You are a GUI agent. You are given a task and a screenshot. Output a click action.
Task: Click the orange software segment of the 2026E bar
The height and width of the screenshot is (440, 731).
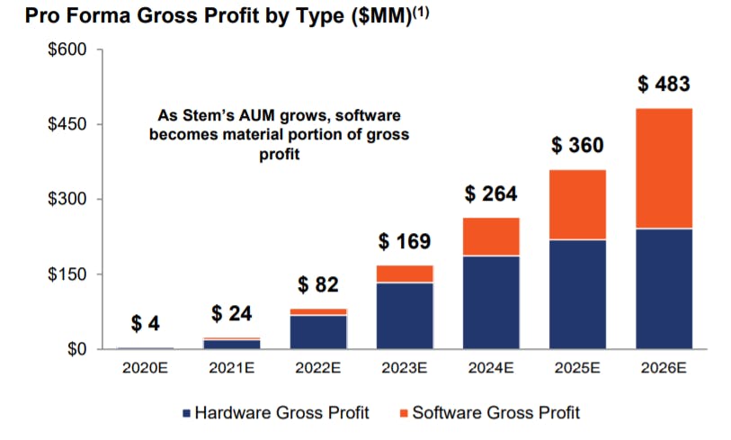click(x=664, y=168)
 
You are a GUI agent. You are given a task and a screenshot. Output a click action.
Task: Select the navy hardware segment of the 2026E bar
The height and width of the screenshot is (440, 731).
click(x=664, y=289)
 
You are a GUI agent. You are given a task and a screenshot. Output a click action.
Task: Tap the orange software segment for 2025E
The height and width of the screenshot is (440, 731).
click(x=577, y=205)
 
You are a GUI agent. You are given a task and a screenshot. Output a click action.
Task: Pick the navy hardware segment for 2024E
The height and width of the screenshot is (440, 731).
click(x=491, y=302)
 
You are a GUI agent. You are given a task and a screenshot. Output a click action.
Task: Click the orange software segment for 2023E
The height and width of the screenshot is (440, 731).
click(x=405, y=274)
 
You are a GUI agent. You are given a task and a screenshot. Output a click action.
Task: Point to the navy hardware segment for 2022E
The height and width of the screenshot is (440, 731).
click(x=318, y=332)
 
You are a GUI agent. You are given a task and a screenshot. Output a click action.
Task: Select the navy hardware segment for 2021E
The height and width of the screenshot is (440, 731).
click(x=232, y=345)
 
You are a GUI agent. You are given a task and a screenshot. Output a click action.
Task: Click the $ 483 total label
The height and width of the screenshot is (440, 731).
click(x=664, y=84)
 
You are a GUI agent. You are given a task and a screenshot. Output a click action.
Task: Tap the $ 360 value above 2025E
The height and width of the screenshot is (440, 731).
click(x=577, y=145)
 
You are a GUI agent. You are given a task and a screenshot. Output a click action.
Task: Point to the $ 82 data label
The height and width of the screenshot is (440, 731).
click(x=318, y=284)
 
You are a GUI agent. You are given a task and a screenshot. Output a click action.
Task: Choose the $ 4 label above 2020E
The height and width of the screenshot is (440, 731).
click(x=146, y=323)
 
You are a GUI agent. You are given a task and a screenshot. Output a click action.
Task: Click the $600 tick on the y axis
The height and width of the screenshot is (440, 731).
click(x=67, y=49)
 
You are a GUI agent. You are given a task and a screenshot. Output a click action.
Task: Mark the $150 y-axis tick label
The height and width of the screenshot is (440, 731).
click(x=67, y=274)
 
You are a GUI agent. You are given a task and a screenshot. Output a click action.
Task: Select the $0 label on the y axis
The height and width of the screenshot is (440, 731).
click(x=77, y=349)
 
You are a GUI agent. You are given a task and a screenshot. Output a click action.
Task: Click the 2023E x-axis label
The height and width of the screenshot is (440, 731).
click(x=405, y=368)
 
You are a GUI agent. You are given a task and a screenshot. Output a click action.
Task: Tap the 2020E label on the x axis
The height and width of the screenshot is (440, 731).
click(x=146, y=368)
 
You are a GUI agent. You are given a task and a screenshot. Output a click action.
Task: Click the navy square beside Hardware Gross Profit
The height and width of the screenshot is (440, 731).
click(x=187, y=413)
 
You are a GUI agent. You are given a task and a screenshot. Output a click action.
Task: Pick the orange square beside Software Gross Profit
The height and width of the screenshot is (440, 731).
click(x=405, y=413)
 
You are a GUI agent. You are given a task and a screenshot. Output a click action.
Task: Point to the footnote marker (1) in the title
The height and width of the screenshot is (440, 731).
click(x=421, y=12)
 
